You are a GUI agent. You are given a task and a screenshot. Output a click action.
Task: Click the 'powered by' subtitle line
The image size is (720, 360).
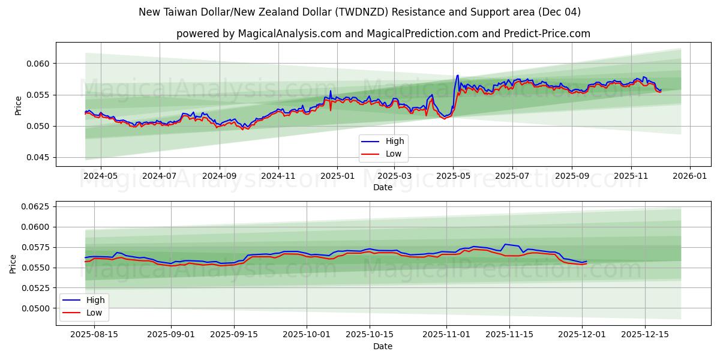point(383,34)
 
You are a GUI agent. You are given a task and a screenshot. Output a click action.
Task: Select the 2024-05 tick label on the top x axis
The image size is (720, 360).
point(100,176)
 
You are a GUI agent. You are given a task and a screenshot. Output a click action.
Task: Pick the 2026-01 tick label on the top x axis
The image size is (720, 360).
point(689,176)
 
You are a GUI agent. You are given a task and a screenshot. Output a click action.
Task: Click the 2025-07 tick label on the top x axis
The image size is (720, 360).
point(512,176)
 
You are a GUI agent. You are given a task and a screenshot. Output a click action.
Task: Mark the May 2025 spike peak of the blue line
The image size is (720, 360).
point(457,76)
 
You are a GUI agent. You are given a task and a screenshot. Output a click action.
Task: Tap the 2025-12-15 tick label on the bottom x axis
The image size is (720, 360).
point(644,335)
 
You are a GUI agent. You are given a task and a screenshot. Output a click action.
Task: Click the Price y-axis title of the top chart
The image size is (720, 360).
point(19,106)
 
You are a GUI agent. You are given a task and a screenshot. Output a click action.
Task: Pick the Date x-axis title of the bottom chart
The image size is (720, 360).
point(383,346)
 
